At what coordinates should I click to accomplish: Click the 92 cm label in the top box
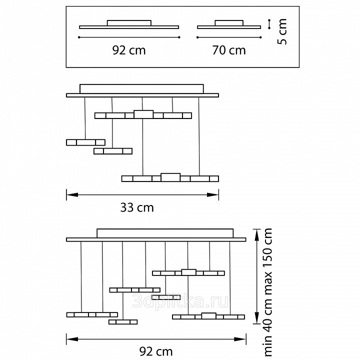[x=129, y=50]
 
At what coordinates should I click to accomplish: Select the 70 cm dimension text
[x=229, y=50]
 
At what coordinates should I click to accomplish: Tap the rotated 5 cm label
[x=282, y=31]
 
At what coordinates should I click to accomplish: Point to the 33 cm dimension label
[x=137, y=207]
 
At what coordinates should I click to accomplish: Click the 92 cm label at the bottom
[x=156, y=351]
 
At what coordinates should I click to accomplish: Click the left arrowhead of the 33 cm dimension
[x=72, y=195]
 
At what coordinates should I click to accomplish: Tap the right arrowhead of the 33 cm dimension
[x=213, y=195]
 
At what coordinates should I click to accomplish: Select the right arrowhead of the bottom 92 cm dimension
[x=240, y=339]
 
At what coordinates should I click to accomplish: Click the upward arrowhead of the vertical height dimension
[x=257, y=235]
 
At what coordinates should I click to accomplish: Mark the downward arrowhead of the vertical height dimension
[x=257, y=318]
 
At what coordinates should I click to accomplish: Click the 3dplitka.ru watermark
[x=180, y=301]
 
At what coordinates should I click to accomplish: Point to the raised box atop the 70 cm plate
[x=229, y=23]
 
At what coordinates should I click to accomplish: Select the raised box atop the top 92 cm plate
[x=129, y=23]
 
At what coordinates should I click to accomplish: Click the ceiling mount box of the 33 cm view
[x=141, y=89]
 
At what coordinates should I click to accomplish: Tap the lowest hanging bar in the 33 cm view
[x=170, y=178]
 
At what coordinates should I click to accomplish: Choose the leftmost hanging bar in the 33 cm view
[x=85, y=142]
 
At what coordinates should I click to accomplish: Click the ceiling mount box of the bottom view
[x=165, y=233]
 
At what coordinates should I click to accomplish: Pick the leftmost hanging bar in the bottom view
[x=92, y=314]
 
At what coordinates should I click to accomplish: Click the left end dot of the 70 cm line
[x=197, y=37]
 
